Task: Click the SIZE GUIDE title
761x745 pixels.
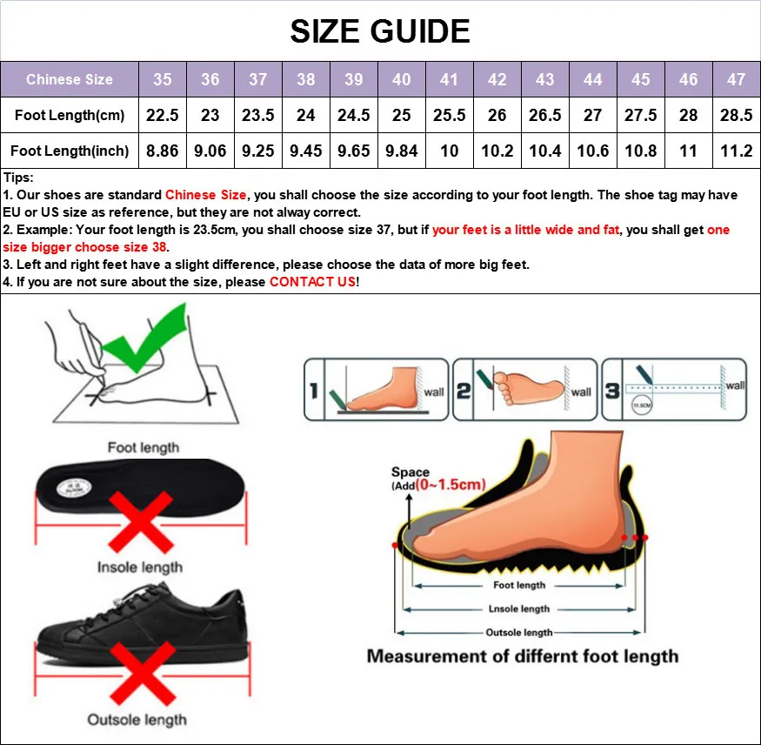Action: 380,31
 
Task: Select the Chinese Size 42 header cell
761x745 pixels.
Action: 497,79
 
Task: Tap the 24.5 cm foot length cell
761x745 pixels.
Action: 353,115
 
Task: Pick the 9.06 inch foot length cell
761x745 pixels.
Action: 210,151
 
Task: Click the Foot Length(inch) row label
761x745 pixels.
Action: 70,151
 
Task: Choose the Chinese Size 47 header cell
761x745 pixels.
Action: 736,79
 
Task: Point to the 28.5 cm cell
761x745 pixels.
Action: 736,115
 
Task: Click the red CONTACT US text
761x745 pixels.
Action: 312,282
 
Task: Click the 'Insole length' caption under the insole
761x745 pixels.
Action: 140,567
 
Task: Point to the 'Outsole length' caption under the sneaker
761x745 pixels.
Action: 137,720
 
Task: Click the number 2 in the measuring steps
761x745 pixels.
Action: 464,391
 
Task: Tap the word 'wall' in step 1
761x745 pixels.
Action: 433,392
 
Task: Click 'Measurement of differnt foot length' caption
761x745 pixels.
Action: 522,656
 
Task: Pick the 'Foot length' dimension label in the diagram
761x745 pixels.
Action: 519,586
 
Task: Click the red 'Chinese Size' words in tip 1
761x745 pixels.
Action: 206,195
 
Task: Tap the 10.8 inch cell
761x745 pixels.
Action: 640,151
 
